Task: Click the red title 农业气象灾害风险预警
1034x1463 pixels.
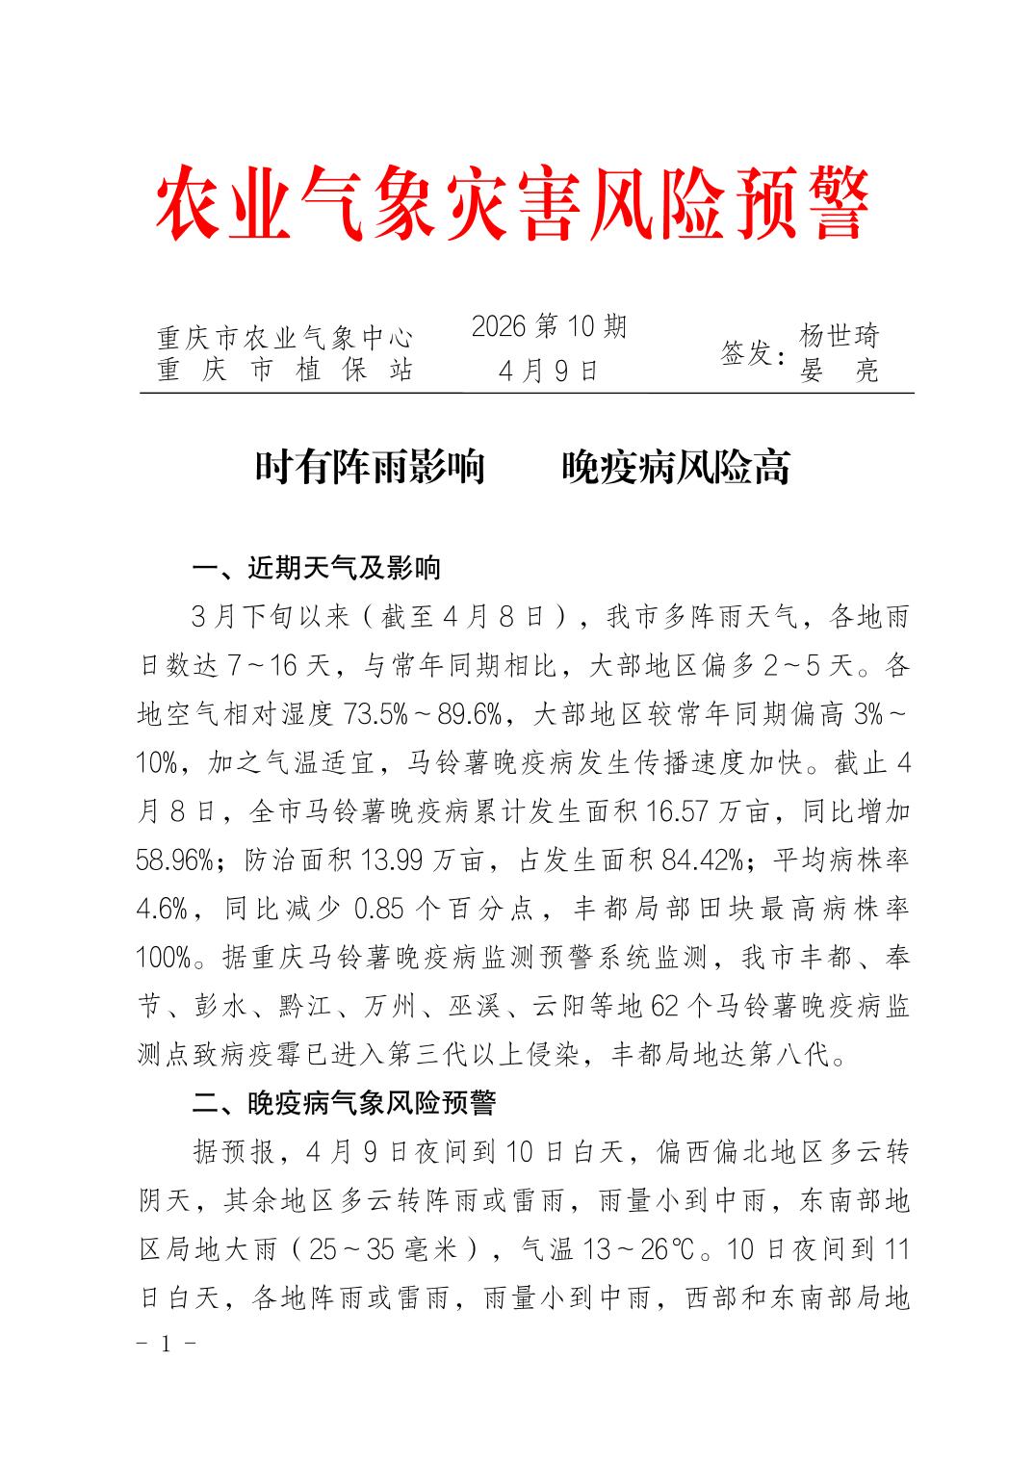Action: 512,203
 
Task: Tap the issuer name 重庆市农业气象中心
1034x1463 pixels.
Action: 285,338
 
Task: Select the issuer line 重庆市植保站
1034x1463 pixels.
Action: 285,371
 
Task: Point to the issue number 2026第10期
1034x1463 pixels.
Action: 549,327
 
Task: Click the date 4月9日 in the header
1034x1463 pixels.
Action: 549,371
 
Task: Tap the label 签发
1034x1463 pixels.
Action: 752,353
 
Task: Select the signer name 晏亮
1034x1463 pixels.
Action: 840,372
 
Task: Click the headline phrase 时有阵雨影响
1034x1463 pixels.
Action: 370,468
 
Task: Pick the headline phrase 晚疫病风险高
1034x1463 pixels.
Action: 676,468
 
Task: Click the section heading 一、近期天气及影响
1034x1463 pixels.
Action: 317,568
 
